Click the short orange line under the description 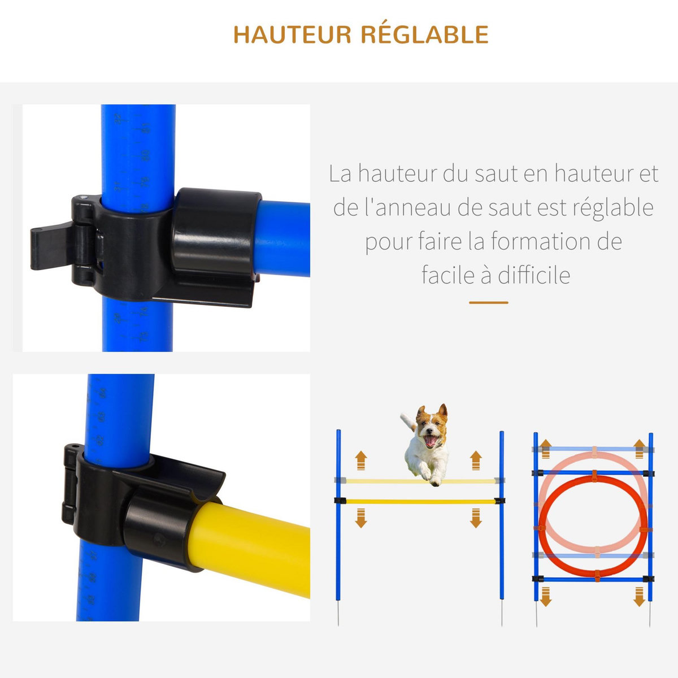click(x=488, y=303)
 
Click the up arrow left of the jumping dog click(x=361, y=460)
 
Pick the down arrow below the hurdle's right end click(x=476, y=518)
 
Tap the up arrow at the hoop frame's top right click(x=640, y=448)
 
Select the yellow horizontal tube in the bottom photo click(x=254, y=548)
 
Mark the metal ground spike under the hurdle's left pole click(x=338, y=613)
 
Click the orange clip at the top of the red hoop click(x=594, y=476)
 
